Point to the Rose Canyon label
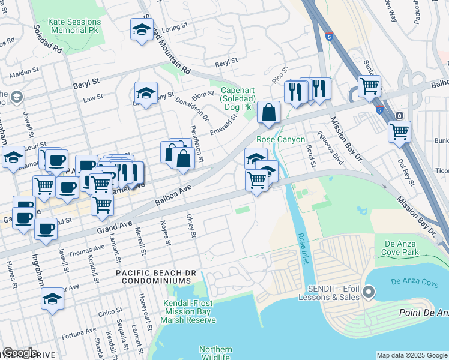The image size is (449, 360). [277, 139]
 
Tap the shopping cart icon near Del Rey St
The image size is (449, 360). [399, 131]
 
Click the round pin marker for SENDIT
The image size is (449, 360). [369, 293]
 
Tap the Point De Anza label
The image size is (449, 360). [423, 313]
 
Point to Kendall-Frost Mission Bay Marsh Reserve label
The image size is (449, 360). [190, 312]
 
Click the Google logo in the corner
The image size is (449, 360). [20, 352]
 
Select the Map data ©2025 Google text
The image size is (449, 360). [411, 355]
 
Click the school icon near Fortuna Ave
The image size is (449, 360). [52, 299]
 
